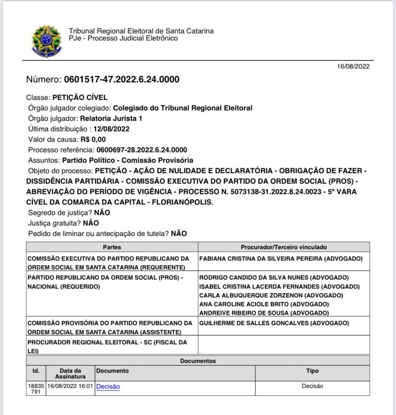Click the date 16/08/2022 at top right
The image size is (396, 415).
(x=354, y=66)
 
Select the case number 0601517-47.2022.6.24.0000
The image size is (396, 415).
(x=122, y=80)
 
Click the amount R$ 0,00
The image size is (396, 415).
(x=93, y=140)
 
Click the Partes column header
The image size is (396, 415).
(x=112, y=247)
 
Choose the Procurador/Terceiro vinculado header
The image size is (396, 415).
(x=284, y=247)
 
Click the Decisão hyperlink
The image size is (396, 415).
(x=108, y=386)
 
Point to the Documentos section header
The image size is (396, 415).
(x=198, y=361)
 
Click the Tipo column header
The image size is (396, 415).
(x=312, y=371)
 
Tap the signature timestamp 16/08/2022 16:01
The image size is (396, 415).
(x=70, y=386)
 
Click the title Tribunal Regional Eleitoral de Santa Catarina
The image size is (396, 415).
(x=141, y=31)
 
